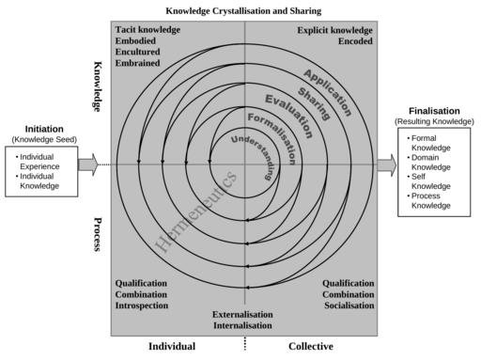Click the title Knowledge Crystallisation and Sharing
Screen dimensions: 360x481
[x=243, y=10]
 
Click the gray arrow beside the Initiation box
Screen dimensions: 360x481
[x=87, y=165]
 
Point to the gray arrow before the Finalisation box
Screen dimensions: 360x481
[x=387, y=165]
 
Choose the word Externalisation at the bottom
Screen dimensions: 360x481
[x=242, y=314]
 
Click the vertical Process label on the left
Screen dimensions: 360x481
[x=98, y=235]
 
